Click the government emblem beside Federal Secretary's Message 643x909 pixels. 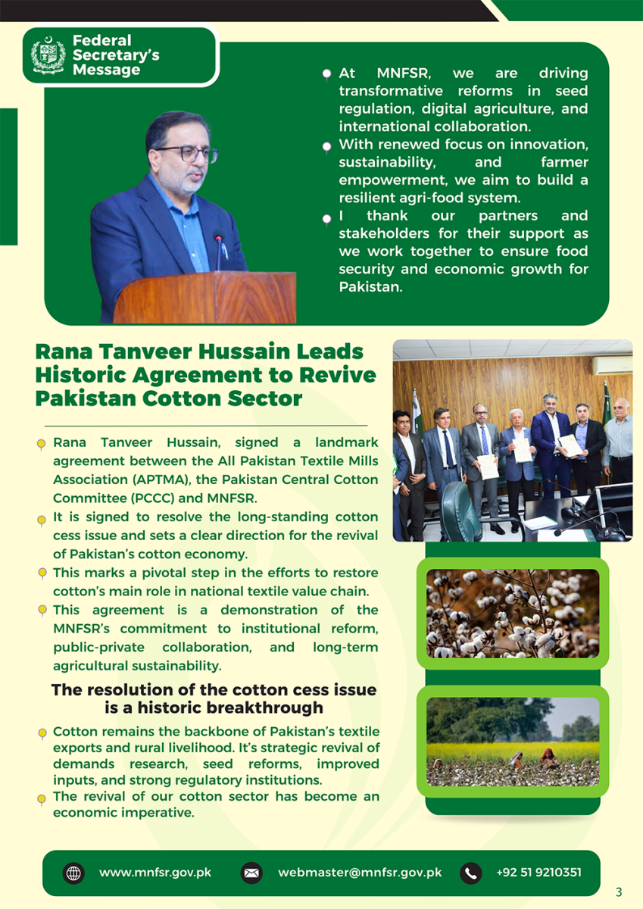(48, 56)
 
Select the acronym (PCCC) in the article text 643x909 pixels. (141, 498)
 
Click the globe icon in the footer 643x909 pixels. (73, 873)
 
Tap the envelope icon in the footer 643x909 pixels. (251, 873)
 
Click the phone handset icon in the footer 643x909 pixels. (470, 873)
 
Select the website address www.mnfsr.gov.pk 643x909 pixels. (155, 873)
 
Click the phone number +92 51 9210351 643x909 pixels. (538, 873)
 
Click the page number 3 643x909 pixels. (619, 892)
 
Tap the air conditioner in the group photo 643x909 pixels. (612, 364)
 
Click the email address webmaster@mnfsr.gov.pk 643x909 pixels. (360, 873)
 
